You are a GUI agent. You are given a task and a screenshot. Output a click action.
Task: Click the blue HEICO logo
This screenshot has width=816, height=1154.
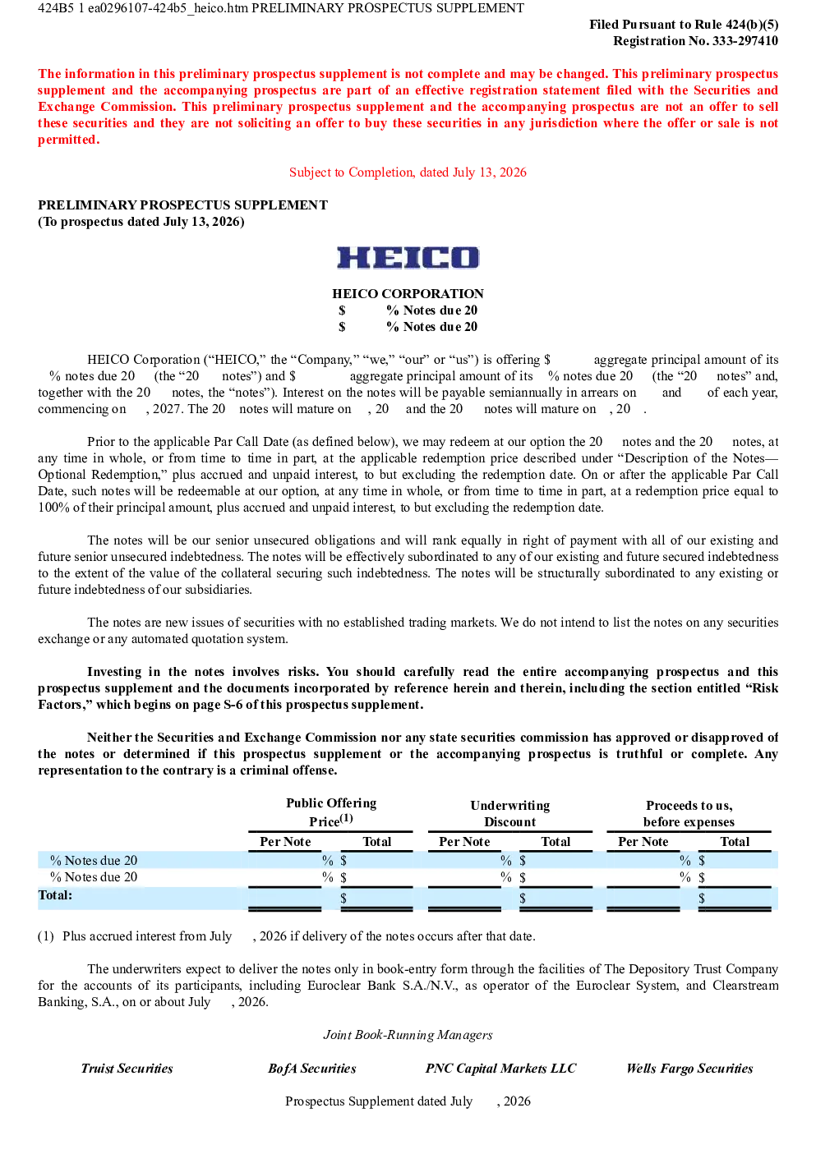pos(408,258)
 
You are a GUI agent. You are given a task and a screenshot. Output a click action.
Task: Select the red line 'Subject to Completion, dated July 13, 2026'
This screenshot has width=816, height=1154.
pos(408,172)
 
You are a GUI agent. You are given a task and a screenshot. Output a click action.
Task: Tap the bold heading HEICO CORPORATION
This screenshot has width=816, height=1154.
pos(408,294)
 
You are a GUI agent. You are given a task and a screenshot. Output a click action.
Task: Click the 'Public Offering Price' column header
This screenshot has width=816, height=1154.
pos(331,811)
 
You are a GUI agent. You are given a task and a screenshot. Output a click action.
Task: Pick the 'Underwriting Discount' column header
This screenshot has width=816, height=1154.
pos(509,813)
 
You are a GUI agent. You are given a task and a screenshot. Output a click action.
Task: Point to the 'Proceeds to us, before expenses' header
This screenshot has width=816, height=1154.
pos(689,813)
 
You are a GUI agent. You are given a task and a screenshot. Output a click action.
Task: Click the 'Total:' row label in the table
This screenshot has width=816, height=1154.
pos(55,895)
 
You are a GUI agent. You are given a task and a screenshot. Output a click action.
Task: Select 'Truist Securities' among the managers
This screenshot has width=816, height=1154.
pos(127,1069)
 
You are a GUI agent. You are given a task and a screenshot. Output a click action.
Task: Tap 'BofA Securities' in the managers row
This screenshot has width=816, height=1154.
pos(312,1069)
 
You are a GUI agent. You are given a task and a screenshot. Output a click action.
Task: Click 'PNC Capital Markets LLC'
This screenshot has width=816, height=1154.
pos(500,1069)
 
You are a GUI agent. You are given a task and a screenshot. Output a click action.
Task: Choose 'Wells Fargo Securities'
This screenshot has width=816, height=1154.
pos(689,1069)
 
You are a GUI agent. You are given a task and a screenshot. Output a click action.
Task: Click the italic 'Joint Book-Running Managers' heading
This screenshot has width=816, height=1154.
pos(408,1035)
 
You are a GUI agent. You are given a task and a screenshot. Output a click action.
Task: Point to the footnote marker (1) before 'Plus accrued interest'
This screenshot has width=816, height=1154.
pos(46,936)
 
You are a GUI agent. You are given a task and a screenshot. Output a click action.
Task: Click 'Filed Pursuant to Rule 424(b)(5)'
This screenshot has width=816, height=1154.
pos(684,24)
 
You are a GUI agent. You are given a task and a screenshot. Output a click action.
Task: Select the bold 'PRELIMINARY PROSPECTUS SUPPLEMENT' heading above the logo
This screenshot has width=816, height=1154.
pos(182,205)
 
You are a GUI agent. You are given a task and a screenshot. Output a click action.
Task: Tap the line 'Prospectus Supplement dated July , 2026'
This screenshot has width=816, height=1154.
pos(408,1101)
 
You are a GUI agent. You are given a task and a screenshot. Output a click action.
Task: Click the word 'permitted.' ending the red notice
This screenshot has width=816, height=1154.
pos(68,140)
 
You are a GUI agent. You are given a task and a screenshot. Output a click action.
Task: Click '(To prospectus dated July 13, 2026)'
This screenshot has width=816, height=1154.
pos(141,222)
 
